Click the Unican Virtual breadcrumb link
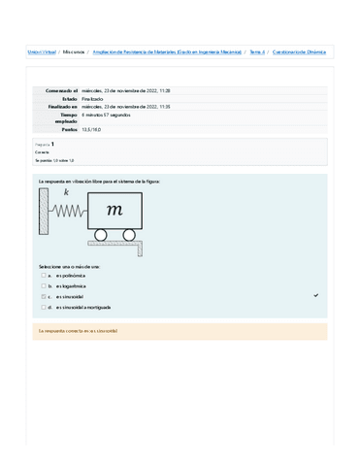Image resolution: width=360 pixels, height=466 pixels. [41, 51]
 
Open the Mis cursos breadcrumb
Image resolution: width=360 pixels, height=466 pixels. [74, 51]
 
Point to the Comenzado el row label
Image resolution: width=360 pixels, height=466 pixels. [60, 90]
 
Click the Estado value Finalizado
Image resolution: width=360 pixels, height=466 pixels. [93, 99]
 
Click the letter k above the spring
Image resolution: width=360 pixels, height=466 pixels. [66, 193]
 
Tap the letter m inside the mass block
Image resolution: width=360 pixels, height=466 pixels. [115, 210]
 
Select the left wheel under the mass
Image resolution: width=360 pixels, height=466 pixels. [100, 234]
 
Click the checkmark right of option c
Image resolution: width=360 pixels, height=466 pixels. [316, 295]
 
